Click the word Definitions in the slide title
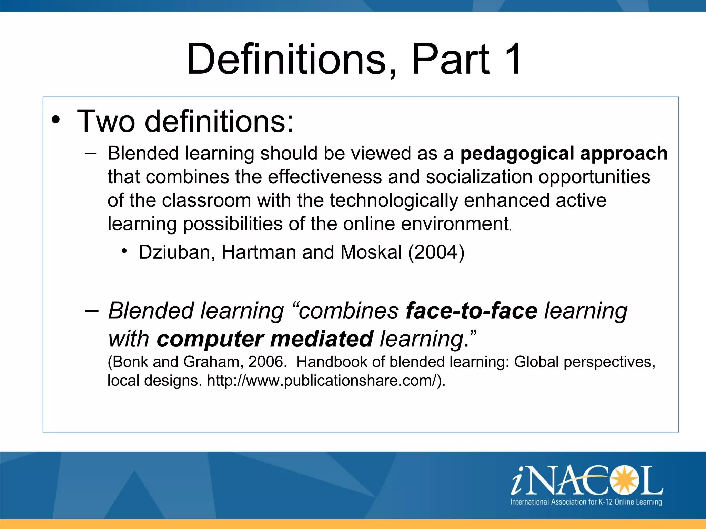coord(286,59)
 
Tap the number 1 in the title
coord(512,59)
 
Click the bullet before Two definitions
coord(56,120)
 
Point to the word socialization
coord(479,177)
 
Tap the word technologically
coord(394,201)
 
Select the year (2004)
coord(436,252)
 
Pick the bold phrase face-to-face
coord(472,311)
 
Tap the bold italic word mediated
coord(322,339)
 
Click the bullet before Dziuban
coord(124,251)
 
